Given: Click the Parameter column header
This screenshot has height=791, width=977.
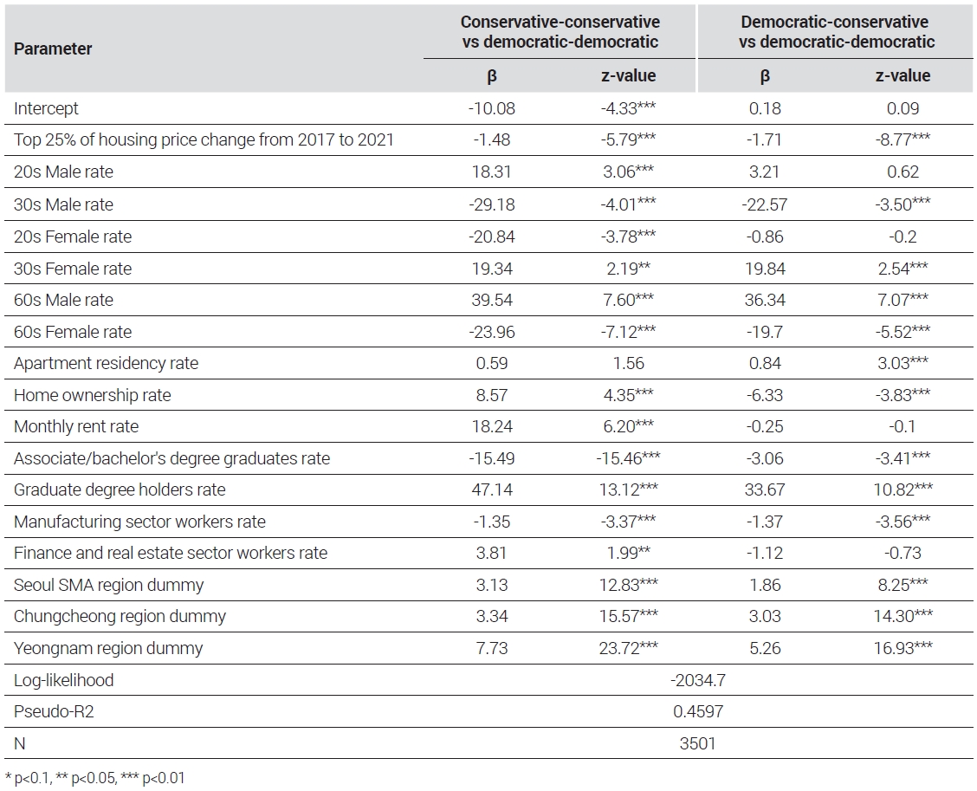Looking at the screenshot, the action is [x=53, y=49].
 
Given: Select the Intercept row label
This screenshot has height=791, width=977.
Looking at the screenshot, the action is [x=46, y=108].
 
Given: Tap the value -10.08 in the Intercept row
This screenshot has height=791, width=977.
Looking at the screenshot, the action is [x=492, y=108].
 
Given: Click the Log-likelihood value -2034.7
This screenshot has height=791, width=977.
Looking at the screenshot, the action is [x=698, y=680].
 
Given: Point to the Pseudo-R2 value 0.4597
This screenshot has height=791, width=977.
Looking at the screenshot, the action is [x=698, y=711].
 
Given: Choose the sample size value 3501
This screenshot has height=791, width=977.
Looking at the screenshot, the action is [x=698, y=743].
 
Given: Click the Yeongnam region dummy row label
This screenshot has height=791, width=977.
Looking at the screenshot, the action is [x=108, y=648].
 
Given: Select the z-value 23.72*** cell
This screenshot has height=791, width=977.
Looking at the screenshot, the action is [x=628, y=648].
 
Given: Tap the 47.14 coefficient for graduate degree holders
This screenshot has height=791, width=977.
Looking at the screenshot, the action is [x=492, y=490].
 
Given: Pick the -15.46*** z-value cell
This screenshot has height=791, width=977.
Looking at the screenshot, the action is [x=628, y=458].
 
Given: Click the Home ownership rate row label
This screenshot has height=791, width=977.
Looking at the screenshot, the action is [x=92, y=395].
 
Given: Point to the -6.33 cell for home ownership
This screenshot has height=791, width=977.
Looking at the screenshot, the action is [x=765, y=395].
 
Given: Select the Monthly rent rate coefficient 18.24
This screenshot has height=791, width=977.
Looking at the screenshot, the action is [x=492, y=426].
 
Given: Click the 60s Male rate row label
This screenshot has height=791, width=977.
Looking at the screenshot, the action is [x=63, y=300].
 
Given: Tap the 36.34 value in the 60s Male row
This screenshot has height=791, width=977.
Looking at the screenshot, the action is [x=765, y=300].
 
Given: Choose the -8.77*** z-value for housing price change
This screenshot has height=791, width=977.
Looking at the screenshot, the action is [x=903, y=139].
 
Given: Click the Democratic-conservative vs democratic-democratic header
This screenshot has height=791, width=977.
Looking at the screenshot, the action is [x=836, y=32].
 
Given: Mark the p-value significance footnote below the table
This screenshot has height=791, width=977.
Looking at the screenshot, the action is [x=94, y=778].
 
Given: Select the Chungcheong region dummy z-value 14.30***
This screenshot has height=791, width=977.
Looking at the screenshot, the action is [x=903, y=616].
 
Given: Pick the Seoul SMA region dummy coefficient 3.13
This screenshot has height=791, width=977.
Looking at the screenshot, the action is [x=492, y=585].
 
